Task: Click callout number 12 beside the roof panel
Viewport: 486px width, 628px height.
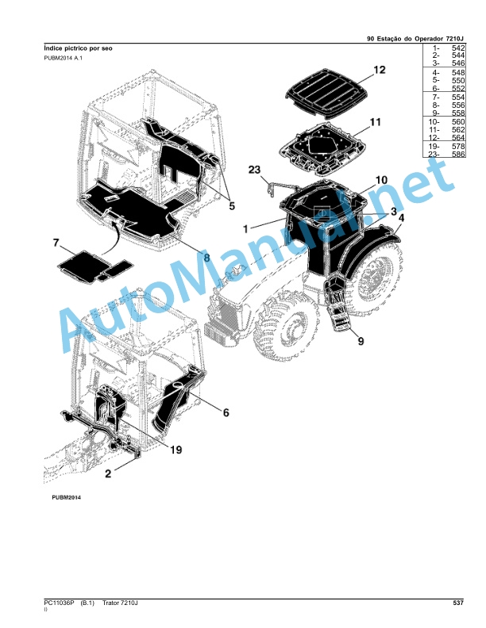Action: pyautogui.click(x=379, y=70)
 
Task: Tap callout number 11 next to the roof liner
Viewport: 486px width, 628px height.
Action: pyautogui.click(x=375, y=122)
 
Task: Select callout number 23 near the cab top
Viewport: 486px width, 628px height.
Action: pyautogui.click(x=254, y=170)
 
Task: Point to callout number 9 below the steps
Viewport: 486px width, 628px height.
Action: pyautogui.click(x=361, y=341)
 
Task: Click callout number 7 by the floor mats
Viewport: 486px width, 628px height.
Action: pyautogui.click(x=56, y=243)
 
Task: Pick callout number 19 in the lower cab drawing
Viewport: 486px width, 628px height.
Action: pyautogui.click(x=175, y=450)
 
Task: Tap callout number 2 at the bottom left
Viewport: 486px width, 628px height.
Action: pyautogui.click(x=108, y=473)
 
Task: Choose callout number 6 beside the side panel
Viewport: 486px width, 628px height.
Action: pyautogui.click(x=226, y=412)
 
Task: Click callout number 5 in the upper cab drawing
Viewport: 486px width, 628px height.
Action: pyautogui.click(x=231, y=206)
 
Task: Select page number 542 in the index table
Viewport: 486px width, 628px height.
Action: pyautogui.click(x=458, y=48)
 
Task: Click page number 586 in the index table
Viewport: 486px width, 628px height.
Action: pyautogui.click(x=458, y=154)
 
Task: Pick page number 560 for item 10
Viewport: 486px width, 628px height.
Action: pyautogui.click(x=458, y=122)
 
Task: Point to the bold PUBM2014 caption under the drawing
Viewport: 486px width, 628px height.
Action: pyautogui.click(x=66, y=497)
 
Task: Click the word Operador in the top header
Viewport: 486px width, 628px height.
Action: pyautogui.click(x=428, y=39)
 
